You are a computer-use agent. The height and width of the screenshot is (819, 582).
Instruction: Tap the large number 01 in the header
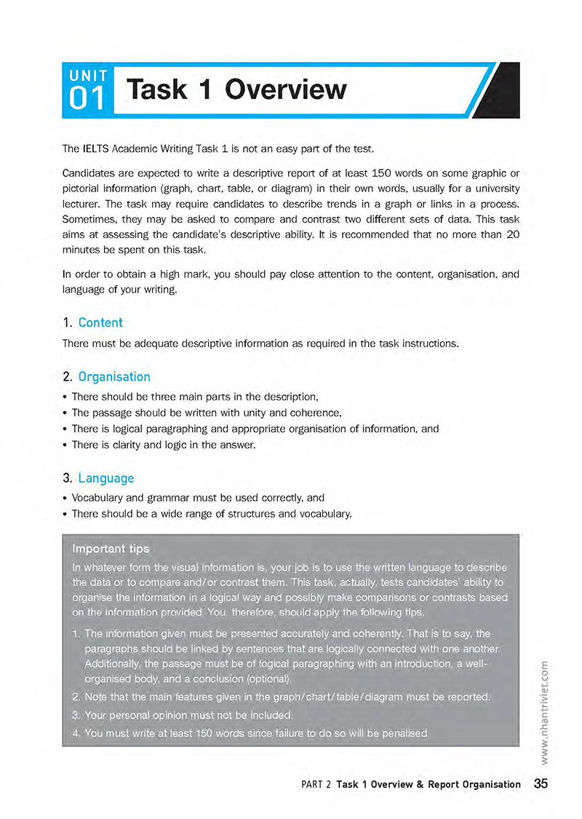pos(88,99)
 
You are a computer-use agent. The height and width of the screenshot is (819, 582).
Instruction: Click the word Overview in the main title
pos(285,90)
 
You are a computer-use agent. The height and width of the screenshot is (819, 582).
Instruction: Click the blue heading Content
pos(100,323)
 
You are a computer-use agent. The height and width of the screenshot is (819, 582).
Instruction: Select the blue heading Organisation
pos(114,377)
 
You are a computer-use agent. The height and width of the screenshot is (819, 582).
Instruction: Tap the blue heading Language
pos(106,478)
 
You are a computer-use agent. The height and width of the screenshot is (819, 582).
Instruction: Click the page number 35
pos(540,784)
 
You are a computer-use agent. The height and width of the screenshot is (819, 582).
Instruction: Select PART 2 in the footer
pos(316,785)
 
